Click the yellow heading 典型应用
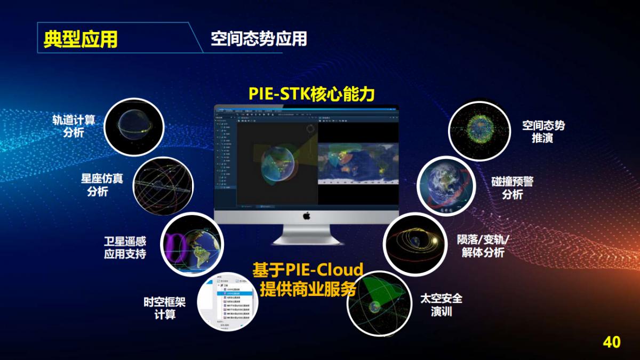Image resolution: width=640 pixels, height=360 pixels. pos(81,39)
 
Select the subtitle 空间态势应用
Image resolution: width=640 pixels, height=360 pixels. pos(259,39)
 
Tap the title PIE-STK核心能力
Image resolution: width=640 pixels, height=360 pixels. pos(312,94)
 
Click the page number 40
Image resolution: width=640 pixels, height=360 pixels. pos(611,342)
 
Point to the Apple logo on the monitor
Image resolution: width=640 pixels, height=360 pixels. pos(307,215)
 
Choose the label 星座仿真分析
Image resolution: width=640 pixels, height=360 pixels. pos(98,184)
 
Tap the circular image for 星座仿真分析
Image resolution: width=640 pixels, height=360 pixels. pos(163,186)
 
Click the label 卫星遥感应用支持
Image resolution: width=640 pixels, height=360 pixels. pos(125,248)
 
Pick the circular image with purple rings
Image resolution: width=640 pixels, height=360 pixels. pos(191,245)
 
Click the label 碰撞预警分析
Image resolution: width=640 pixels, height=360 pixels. pos(512,188)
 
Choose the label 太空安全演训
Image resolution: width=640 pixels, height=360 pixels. pos(441,305)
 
